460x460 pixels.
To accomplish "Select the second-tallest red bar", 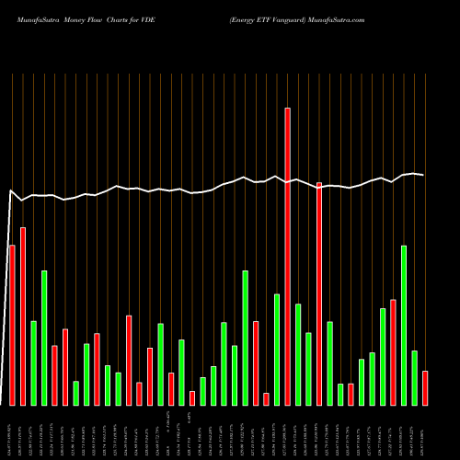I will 319,293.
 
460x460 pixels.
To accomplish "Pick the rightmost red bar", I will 425,387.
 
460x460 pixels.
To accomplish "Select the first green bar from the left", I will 33,362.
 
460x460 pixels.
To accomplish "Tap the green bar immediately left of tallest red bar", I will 277,349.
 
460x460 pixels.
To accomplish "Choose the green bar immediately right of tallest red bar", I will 298,354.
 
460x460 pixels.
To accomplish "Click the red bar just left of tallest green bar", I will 393,351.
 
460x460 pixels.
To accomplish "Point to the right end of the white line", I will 424,175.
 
